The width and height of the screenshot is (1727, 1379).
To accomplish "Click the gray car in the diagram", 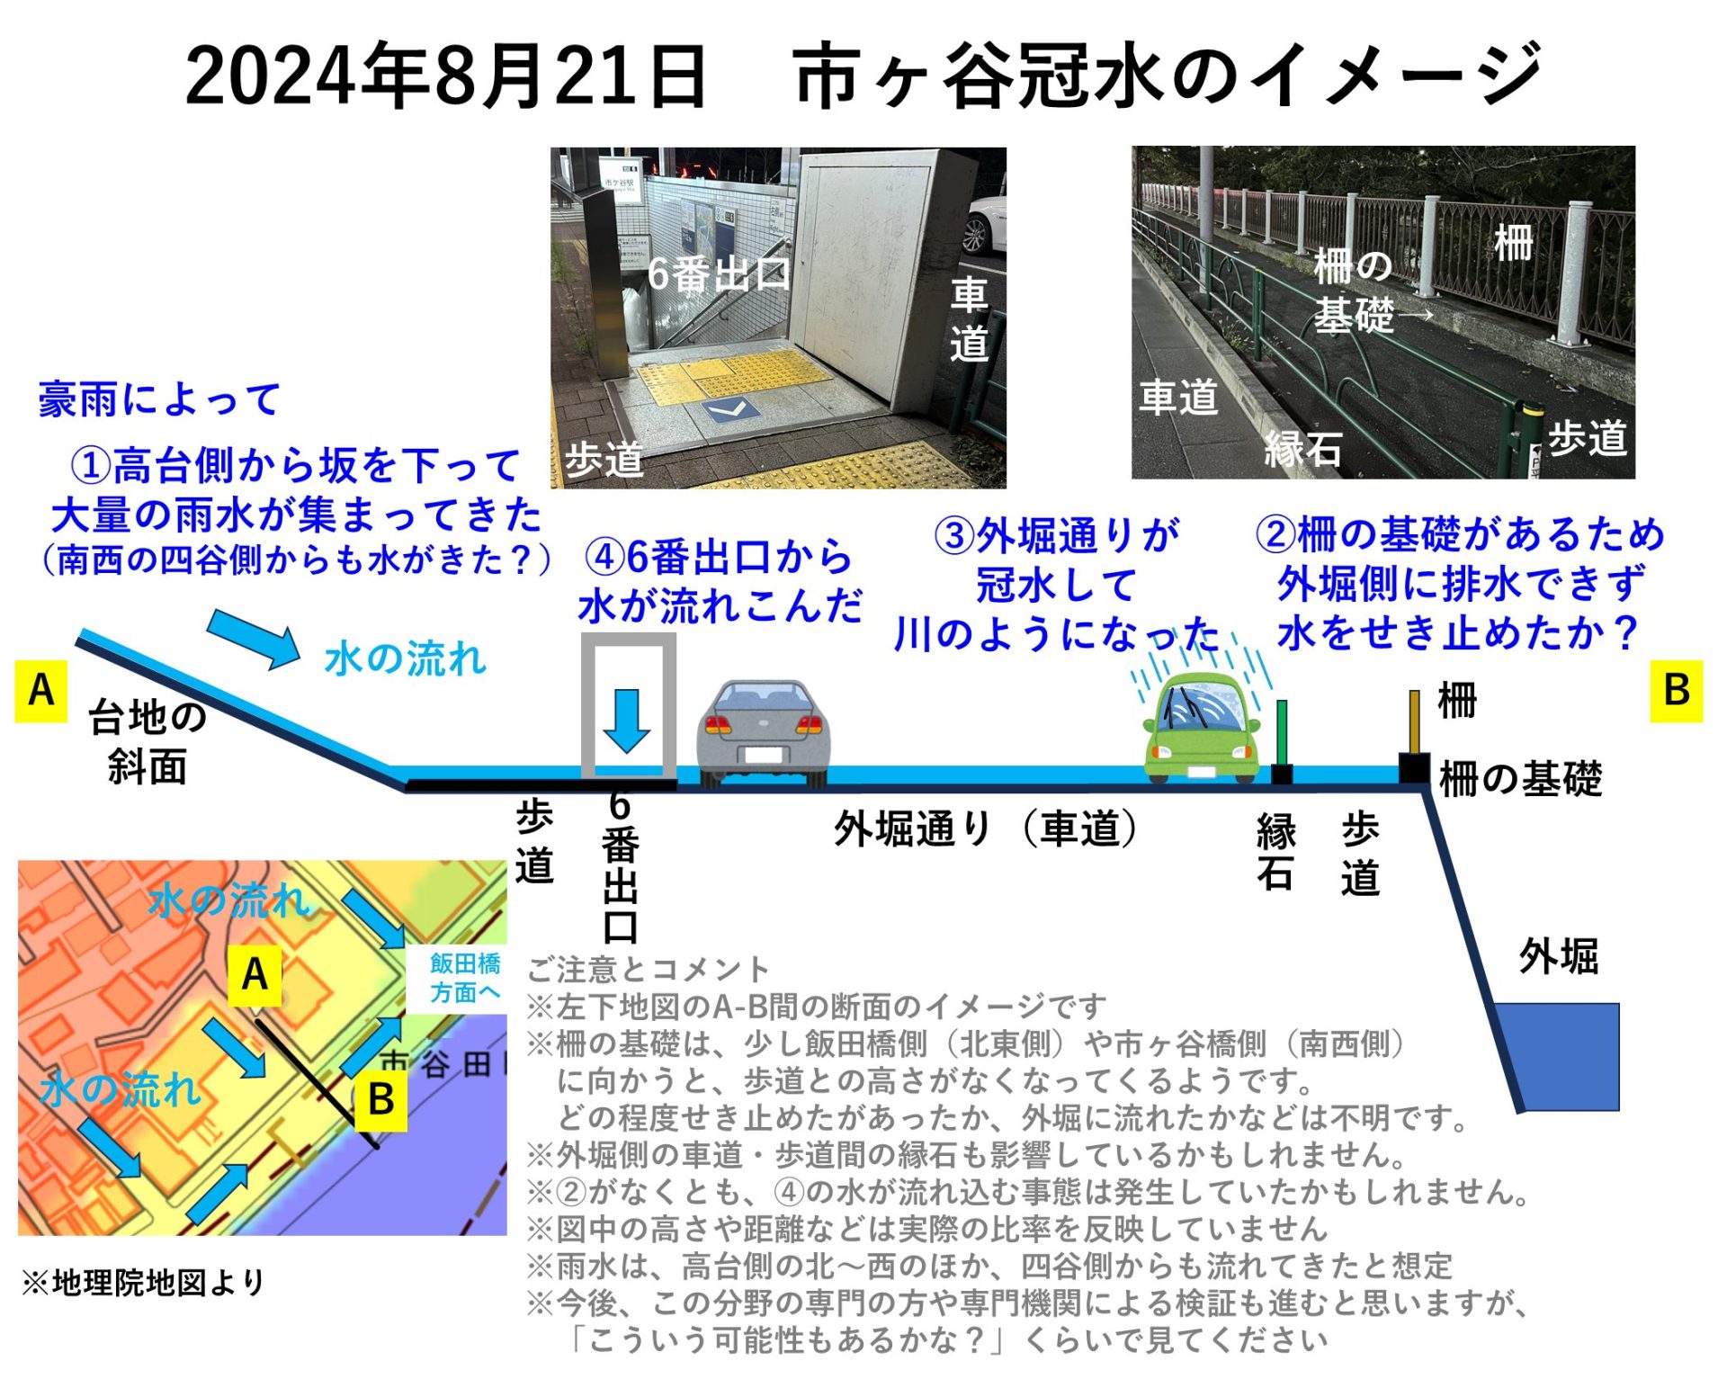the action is (763, 733).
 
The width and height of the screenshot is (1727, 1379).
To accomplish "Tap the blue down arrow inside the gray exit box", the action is (627, 721).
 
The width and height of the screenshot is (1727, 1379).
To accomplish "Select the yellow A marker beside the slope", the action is (40, 691).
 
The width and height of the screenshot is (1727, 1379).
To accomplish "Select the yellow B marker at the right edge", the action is (1677, 691).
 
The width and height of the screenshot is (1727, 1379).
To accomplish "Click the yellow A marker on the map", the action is (255, 974).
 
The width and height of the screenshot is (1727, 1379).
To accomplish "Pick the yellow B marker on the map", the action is (380, 1099).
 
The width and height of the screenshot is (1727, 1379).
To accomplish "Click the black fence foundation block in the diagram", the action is (1414, 769).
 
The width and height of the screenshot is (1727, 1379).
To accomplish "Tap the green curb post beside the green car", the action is (1282, 733).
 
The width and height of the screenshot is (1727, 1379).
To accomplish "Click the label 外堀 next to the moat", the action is (1559, 956).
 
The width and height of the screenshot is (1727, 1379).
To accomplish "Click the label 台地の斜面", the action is (148, 742).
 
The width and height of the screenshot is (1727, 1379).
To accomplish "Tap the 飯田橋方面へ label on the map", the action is (465, 978).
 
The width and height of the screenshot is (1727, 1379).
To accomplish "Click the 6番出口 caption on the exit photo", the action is (719, 274).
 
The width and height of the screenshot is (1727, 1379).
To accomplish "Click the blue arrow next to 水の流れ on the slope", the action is (255, 639).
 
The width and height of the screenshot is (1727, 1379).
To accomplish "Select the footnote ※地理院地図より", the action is (144, 1282).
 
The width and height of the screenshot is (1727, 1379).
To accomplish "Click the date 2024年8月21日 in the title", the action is (446, 76).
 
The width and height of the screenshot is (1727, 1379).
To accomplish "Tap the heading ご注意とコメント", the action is (649, 969).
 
